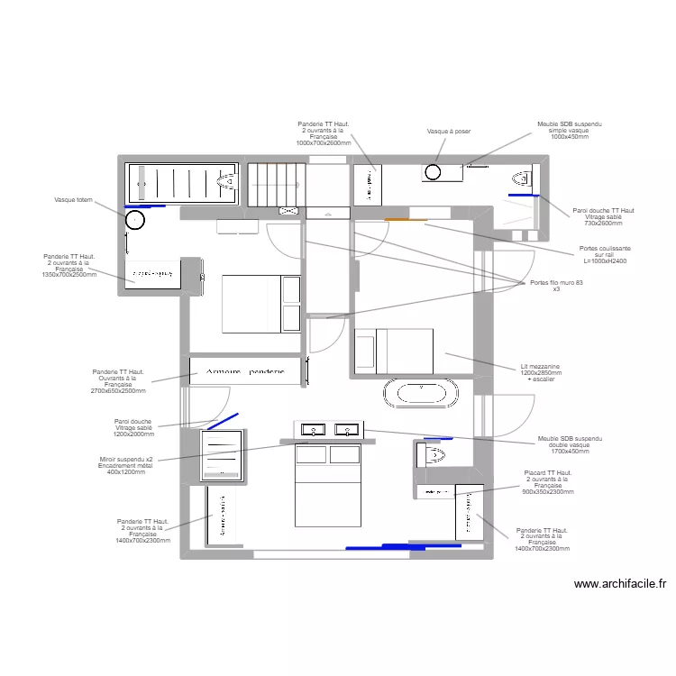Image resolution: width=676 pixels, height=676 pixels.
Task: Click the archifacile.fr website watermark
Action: click(619, 584)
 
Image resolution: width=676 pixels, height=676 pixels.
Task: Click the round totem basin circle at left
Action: click(134, 220)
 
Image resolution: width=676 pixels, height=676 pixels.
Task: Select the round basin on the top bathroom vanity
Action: click(433, 171)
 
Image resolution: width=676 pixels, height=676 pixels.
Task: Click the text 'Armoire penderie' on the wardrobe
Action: click(245, 371)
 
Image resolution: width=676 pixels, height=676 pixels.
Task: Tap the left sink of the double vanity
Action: click(313, 430)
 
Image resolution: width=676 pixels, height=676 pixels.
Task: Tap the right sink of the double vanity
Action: click(347, 430)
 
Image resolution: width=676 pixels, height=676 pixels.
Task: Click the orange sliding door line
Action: click(406, 219)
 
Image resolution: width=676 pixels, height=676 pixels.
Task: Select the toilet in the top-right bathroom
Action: click(522, 177)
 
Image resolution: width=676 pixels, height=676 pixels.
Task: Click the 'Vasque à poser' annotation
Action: click(449, 132)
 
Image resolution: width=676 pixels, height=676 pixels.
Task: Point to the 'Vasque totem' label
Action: click(73, 200)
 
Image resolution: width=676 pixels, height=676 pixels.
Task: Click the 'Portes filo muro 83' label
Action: click(556, 286)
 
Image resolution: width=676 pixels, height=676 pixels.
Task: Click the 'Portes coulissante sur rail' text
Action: click(605, 254)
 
